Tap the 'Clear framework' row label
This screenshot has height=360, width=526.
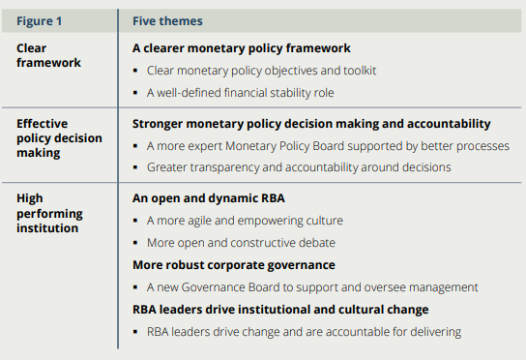(x=48, y=54)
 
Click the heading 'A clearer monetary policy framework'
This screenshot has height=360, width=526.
(x=241, y=47)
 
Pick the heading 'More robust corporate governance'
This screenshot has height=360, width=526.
(x=233, y=264)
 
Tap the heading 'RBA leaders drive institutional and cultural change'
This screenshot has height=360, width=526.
(x=280, y=310)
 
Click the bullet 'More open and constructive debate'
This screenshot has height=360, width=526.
(x=241, y=242)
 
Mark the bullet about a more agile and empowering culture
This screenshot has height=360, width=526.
(x=245, y=220)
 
